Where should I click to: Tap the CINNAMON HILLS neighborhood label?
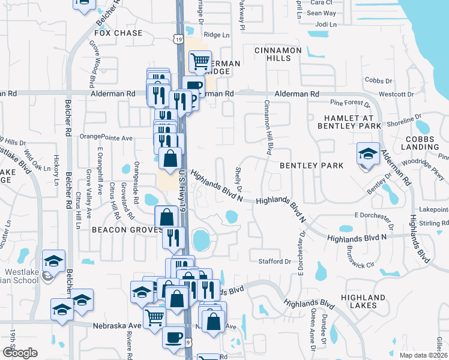273,54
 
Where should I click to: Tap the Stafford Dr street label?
274,262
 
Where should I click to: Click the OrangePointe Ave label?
106,137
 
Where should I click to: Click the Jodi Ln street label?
326,25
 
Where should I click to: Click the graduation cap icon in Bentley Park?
367,155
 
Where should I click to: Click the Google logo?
20,353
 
